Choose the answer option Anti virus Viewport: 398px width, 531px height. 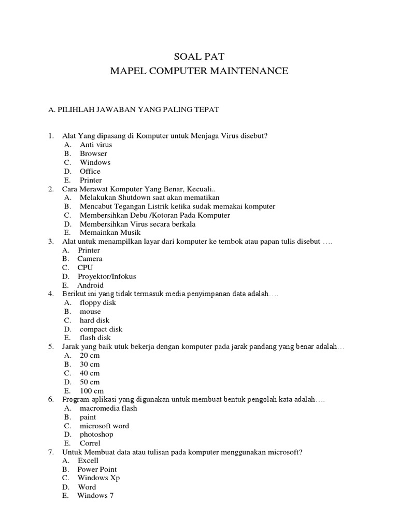[x=96, y=145]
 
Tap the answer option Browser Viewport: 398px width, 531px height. [x=93, y=153]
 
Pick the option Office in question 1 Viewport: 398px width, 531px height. [x=90, y=171]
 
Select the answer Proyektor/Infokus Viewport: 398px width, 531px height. [x=107, y=276]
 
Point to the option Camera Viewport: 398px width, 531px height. [x=90, y=259]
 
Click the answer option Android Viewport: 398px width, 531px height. [x=90, y=285]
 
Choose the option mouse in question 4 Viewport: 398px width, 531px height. [x=90, y=312]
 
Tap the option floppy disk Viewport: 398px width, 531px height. [x=98, y=303]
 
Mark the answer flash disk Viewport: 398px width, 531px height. [x=95, y=338]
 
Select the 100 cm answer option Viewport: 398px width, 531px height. [x=92, y=390]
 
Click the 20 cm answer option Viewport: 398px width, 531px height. [x=90, y=356]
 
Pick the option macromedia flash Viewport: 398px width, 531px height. [x=108, y=408]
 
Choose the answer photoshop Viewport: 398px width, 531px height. [x=96, y=435]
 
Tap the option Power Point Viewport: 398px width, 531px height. [x=97, y=469]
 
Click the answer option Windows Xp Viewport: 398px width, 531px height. [x=98, y=478]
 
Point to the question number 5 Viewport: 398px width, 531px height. [x=51, y=346]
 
